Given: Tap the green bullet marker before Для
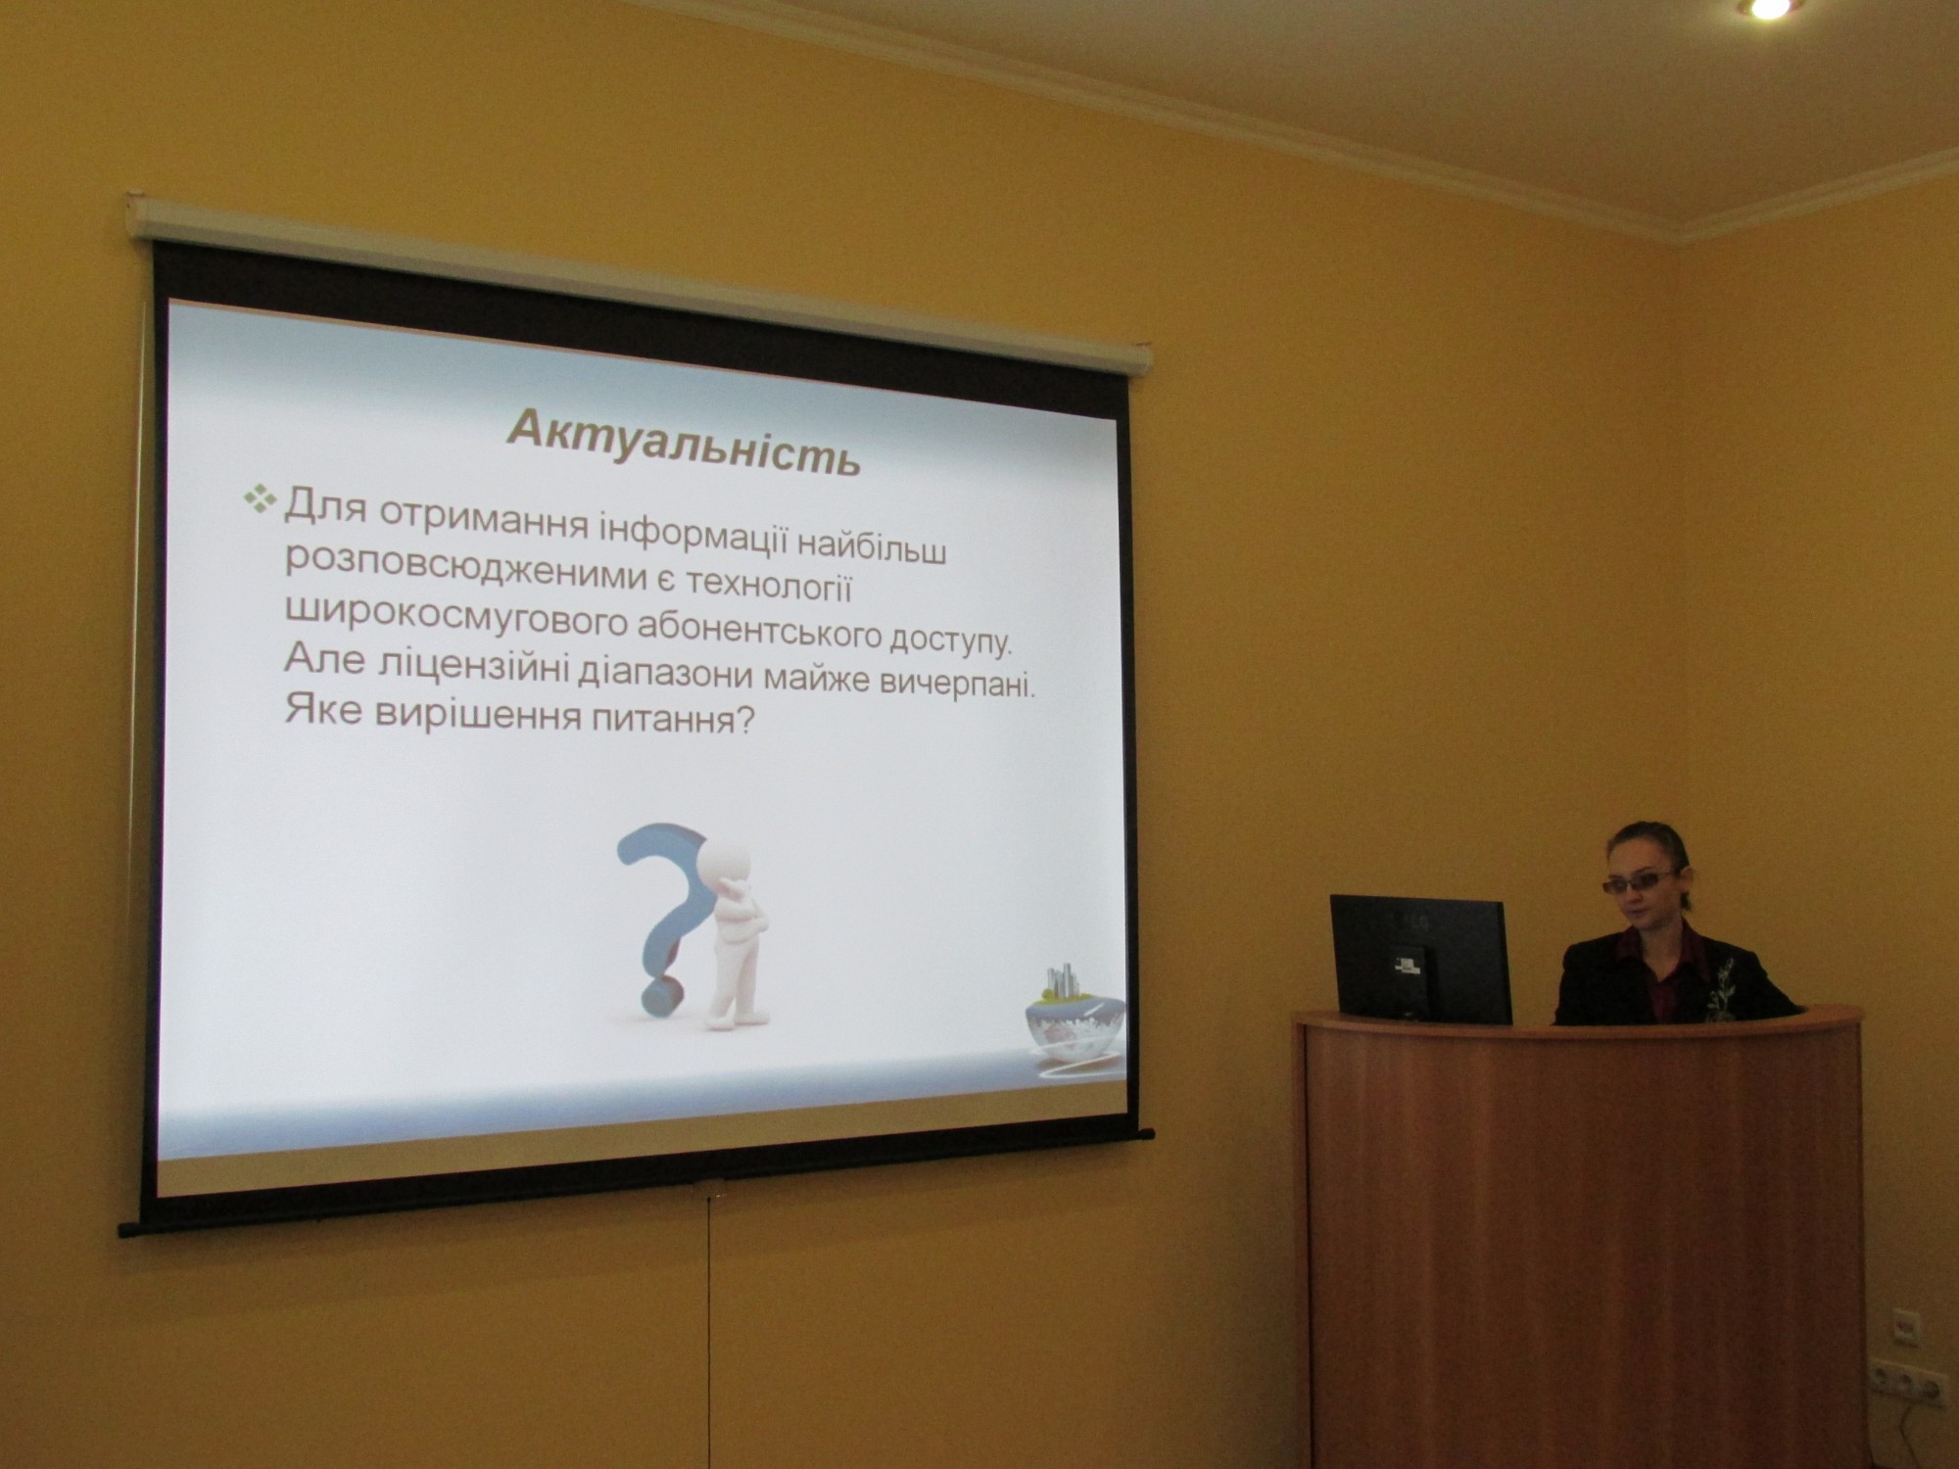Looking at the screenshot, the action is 262,498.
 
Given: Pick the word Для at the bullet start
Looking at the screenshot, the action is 326,507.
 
